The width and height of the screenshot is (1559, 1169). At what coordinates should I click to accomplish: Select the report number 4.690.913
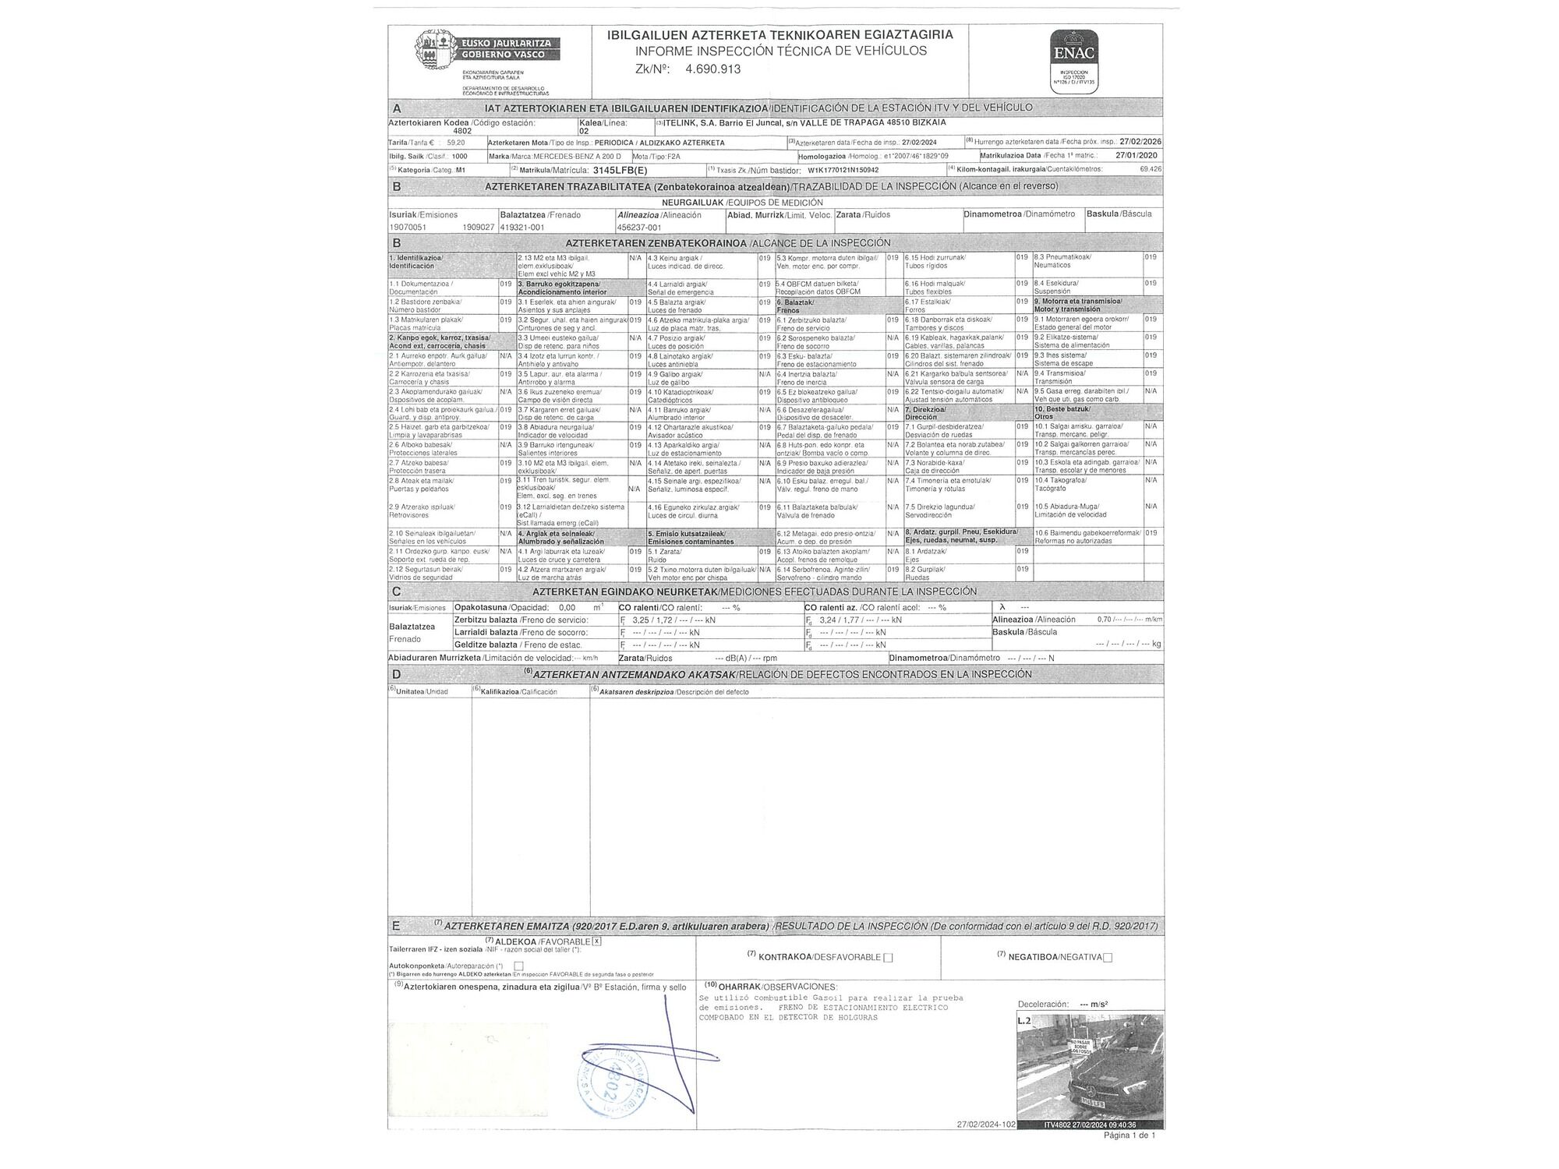[712, 69]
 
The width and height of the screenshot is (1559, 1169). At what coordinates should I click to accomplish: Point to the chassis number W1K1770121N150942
[843, 169]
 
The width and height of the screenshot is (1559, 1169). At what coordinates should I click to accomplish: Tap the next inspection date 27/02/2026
[1140, 142]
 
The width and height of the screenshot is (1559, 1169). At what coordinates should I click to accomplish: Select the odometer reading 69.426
[1150, 169]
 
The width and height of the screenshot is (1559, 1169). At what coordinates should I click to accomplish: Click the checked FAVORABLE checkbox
[597, 941]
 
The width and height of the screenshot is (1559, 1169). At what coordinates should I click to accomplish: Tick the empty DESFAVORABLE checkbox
[888, 957]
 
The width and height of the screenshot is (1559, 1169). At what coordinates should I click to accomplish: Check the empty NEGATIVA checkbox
[1108, 957]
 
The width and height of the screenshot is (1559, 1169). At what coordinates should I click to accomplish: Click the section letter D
[397, 674]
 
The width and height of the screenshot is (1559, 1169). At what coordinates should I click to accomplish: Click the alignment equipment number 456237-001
[638, 228]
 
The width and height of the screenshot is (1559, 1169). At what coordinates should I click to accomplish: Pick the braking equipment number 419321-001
[522, 228]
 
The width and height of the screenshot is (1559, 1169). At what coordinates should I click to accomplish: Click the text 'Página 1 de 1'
[1129, 1135]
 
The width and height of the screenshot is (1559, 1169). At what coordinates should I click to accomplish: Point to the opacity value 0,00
[567, 608]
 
